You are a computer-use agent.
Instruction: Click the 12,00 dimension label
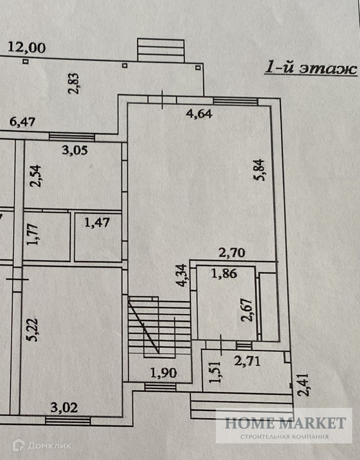click(27, 48)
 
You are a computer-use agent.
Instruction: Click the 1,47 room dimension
click(97, 223)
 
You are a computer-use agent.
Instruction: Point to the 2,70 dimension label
click(232, 254)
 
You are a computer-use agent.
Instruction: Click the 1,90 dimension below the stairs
click(163, 372)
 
